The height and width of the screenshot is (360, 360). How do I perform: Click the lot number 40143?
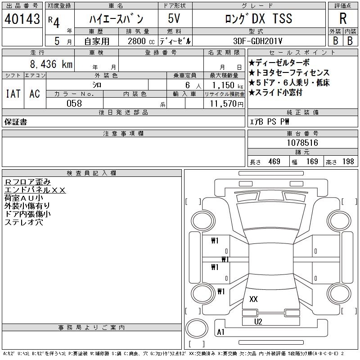click(x=22, y=19)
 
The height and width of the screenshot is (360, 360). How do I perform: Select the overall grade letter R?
click(x=343, y=18)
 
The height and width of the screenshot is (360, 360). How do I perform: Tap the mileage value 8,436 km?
click(x=51, y=64)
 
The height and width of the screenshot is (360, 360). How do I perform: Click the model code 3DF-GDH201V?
click(x=258, y=41)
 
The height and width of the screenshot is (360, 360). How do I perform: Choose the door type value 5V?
click(x=174, y=18)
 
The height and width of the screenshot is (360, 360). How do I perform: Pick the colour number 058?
click(x=74, y=103)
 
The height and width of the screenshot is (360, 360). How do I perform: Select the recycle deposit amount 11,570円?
click(x=227, y=104)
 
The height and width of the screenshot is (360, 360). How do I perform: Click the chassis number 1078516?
click(x=302, y=143)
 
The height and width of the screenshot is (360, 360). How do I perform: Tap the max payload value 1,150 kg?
click(x=228, y=85)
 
